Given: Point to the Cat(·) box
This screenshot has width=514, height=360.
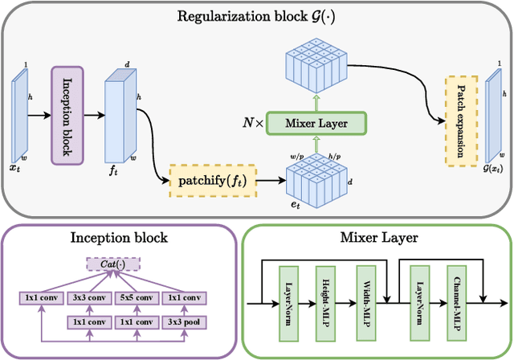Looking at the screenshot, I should click(x=112, y=264).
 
